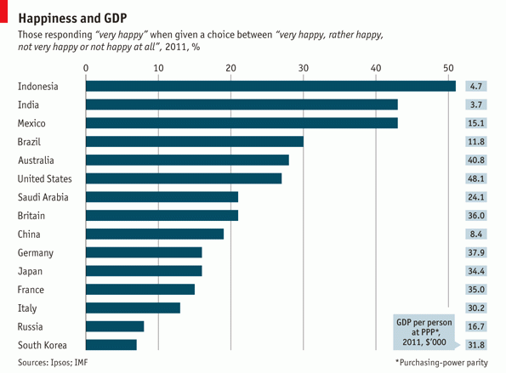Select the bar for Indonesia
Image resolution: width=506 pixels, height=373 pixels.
coord(270,86)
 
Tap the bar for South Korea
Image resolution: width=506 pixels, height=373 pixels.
coord(111,345)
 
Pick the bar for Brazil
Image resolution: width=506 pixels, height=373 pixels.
coord(195,141)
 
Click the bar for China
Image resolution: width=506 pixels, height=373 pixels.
coord(155,234)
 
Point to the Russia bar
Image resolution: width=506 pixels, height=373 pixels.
coord(115,326)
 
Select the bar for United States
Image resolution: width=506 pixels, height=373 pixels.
coord(184,178)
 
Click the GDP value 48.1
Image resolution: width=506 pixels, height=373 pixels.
coord(476,178)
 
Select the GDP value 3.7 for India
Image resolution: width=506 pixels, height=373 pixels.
coord(476,105)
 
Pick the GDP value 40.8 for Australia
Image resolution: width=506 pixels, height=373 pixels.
coord(476,160)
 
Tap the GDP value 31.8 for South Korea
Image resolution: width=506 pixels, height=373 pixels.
coord(476,345)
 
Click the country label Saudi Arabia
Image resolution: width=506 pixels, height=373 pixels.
coord(43,197)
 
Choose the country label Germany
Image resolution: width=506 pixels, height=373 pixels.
coord(36,252)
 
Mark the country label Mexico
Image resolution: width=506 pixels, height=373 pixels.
coord(31,123)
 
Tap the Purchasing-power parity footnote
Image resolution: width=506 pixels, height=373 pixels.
coord(446,362)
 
